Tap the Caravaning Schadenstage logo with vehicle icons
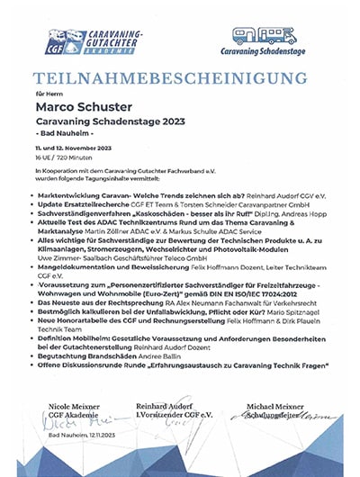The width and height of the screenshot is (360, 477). tap(272, 43)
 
